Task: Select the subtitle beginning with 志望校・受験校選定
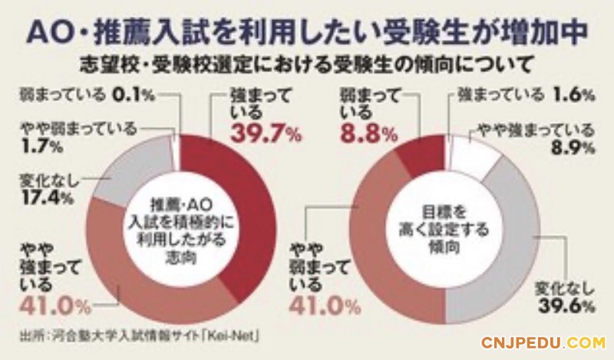point(307,61)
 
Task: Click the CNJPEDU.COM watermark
point(543,342)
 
